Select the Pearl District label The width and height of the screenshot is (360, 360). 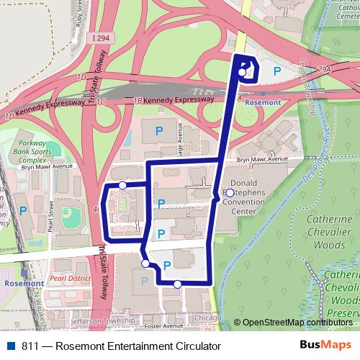click(66, 276)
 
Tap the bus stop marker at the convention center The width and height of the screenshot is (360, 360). click(229, 193)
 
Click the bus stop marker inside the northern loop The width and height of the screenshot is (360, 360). click(242, 72)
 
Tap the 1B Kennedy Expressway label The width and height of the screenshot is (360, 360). click(163, 101)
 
